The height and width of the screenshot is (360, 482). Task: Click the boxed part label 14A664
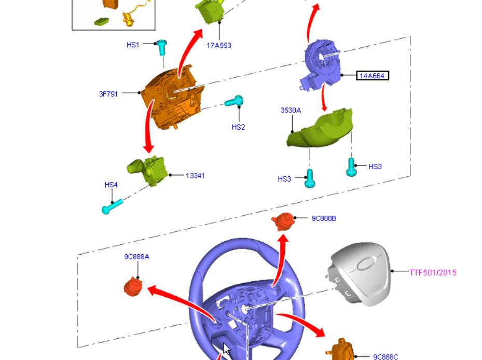(373, 76)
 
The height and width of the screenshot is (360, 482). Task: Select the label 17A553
(219, 46)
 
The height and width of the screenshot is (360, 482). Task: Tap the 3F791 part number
(108, 94)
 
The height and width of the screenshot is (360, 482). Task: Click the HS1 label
(133, 45)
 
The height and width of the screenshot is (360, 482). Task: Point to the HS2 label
(238, 127)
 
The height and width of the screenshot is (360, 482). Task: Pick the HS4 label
(111, 185)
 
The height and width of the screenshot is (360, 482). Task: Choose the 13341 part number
(195, 176)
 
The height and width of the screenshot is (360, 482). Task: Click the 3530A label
(291, 110)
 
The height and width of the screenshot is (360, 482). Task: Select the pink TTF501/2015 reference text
(433, 272)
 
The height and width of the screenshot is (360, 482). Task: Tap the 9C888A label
(136, 257)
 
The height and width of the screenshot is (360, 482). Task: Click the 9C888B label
(324, 218)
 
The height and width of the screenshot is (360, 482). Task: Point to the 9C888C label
(385, 356)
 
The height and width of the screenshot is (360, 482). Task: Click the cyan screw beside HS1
(162, 46)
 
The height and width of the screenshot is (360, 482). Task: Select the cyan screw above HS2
(234, 101)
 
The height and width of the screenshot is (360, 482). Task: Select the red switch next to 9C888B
(283, 221)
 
